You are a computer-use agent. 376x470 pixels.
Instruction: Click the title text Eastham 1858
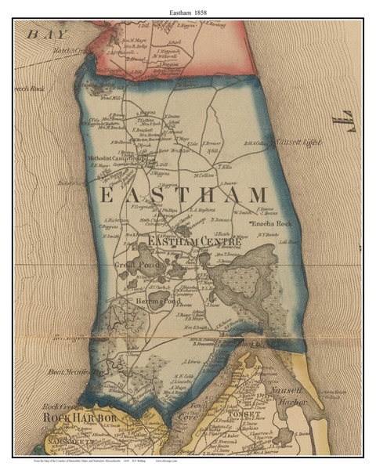[x=188, y=9]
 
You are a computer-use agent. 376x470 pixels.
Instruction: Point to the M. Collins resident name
[x=205, y=175]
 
